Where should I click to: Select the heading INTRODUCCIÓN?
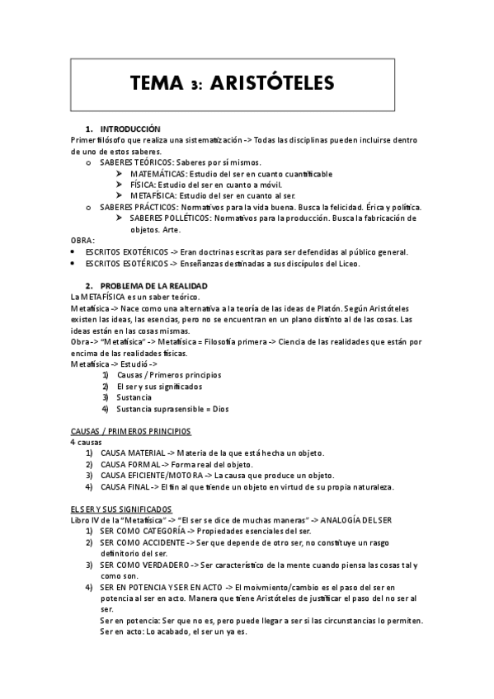pos(129,129)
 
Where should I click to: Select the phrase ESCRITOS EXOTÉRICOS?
pos(127,251)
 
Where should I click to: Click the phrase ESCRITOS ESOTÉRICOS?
pos(127,263)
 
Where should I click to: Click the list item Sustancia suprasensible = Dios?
pos(172,409)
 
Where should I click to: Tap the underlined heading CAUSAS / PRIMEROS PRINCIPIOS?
pos(130,431)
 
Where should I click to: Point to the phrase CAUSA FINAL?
pos(125,487)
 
